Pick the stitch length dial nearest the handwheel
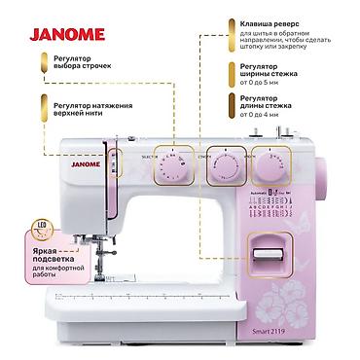click(x=274, y=166)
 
